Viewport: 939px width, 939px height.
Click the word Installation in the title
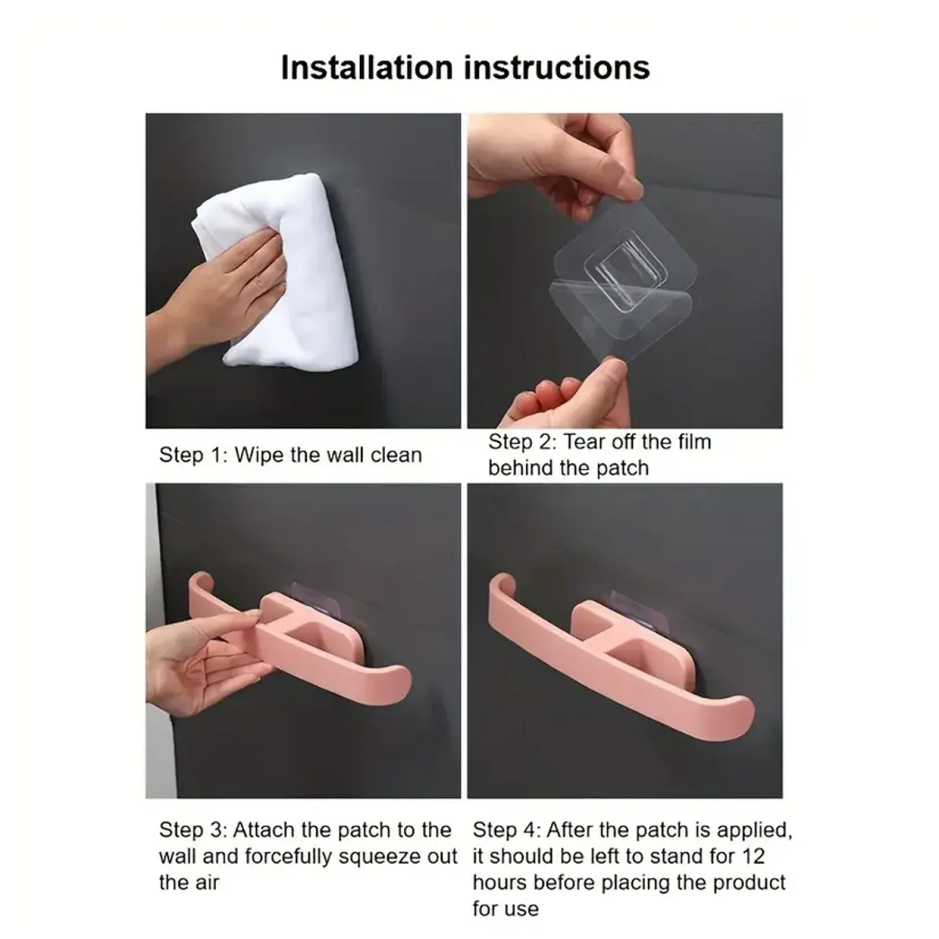coord(369,67)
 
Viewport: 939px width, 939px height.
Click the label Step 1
coord(191,455)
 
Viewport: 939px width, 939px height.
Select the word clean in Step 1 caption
coord(394,455)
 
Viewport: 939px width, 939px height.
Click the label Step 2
coord(520,442)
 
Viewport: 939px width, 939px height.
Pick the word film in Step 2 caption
coord(692,442)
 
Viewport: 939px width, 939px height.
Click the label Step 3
coord(191,830)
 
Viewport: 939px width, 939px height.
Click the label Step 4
coord(505,830)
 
